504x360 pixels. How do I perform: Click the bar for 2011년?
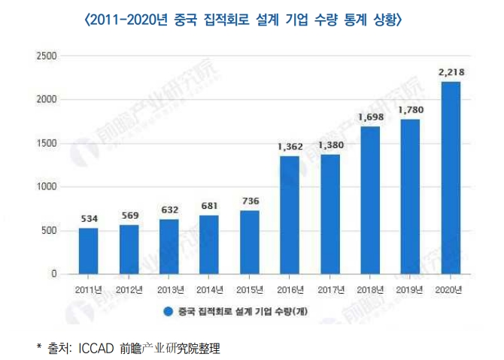pos(88,251)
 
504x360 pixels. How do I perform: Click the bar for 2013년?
pos(169,247)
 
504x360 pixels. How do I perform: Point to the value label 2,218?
pos(451,71)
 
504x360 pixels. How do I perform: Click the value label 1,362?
pos(290,147)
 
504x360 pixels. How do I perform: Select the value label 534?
pos(88,219)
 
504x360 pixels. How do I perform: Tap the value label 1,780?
pos(411,110)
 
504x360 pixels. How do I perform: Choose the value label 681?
pos(209,206)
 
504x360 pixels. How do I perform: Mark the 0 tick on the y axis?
pos(53,274)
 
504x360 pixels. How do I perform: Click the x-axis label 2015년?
pos(250,289)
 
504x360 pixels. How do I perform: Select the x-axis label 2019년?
pos(411,289)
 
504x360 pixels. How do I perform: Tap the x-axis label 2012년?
pos(129,289)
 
